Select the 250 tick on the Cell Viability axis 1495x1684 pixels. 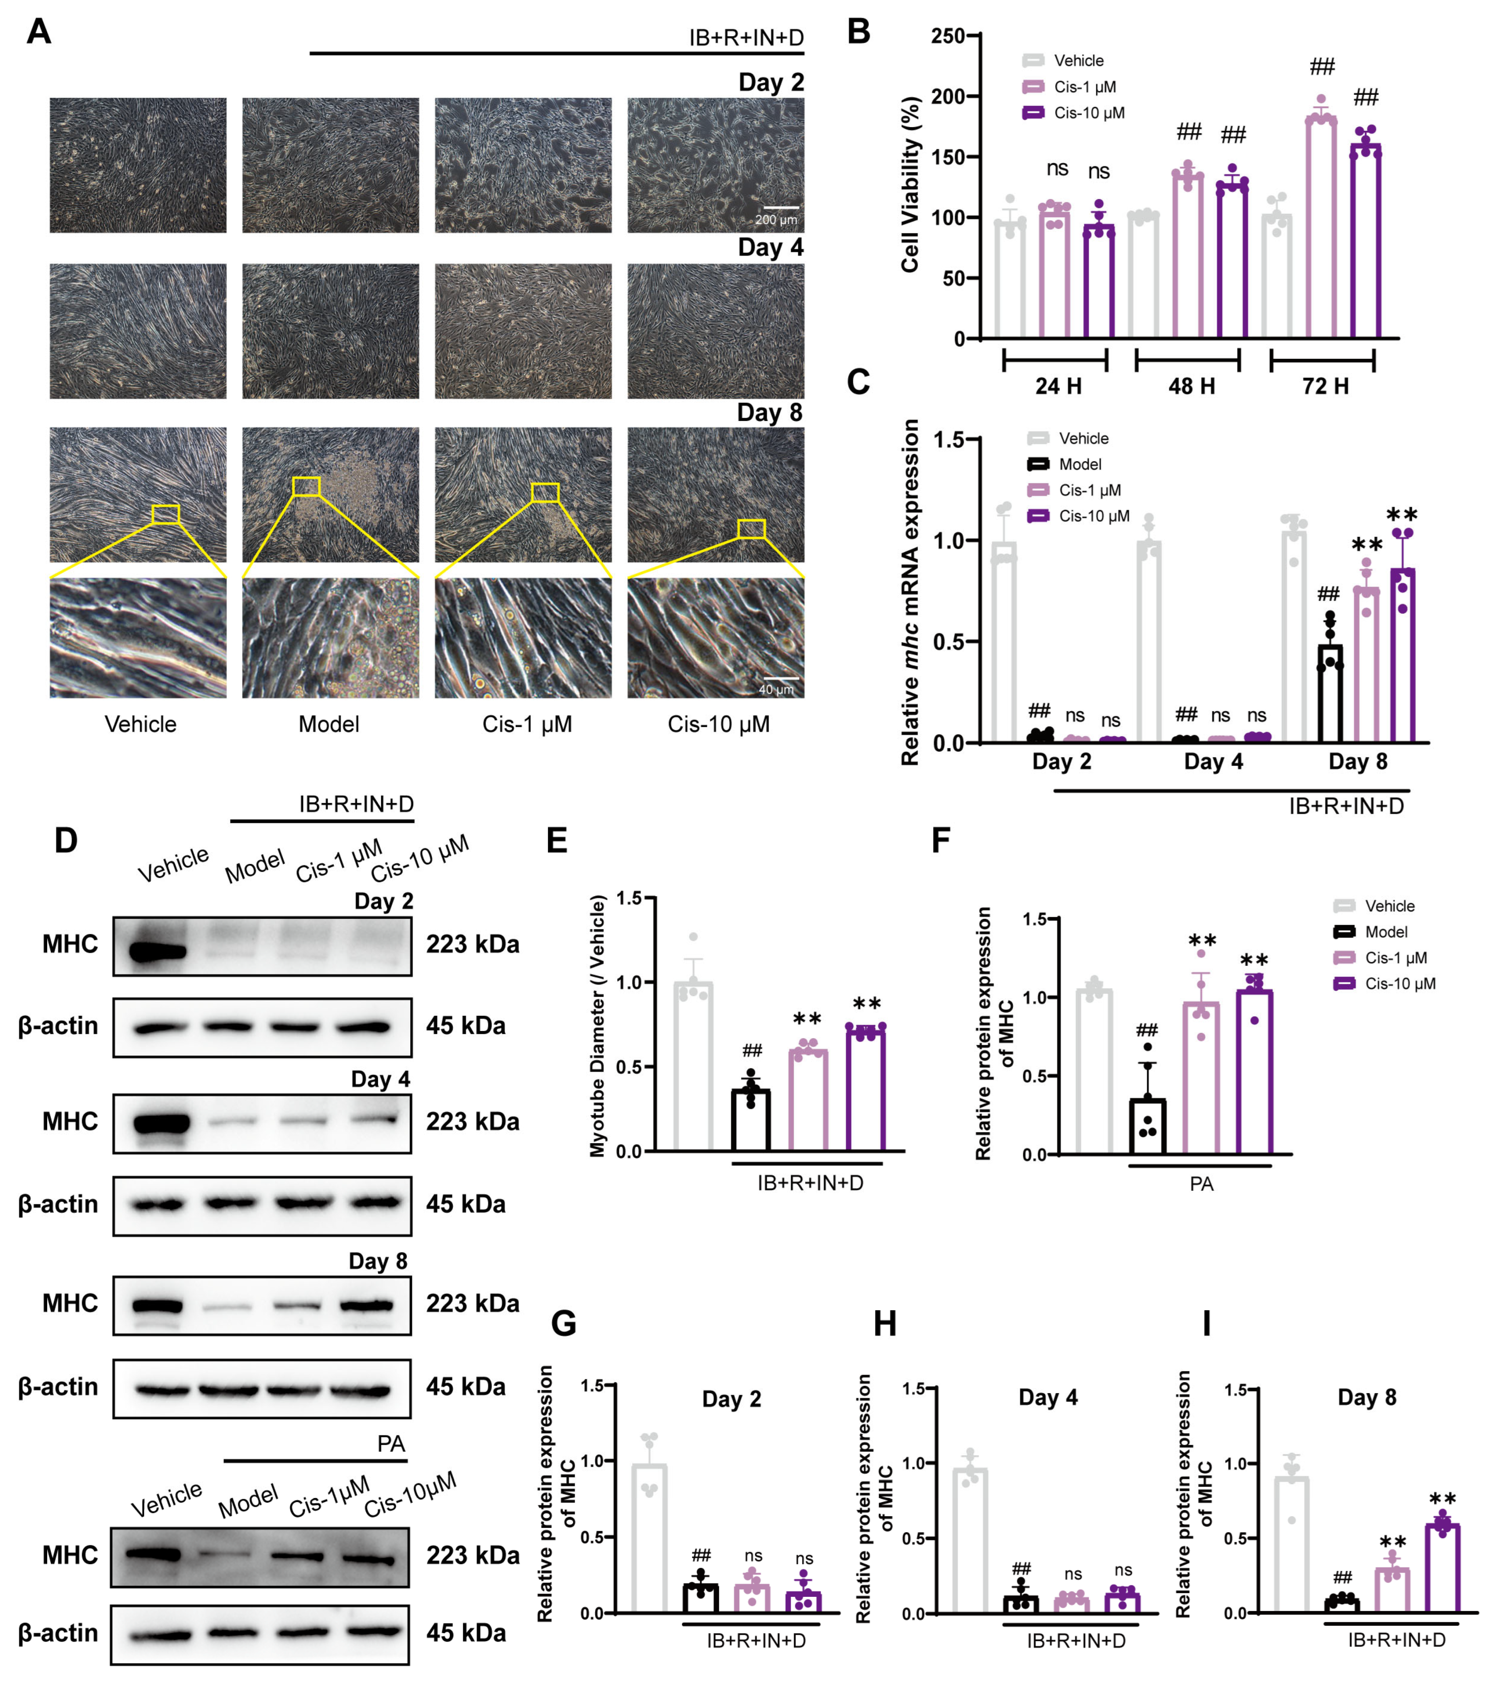(947, 36)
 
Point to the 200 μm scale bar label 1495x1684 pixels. (776, 220)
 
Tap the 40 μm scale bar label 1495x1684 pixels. (776, 690)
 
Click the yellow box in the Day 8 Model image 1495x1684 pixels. (306, 487)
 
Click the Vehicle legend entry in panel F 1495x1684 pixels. (1389, 906)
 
